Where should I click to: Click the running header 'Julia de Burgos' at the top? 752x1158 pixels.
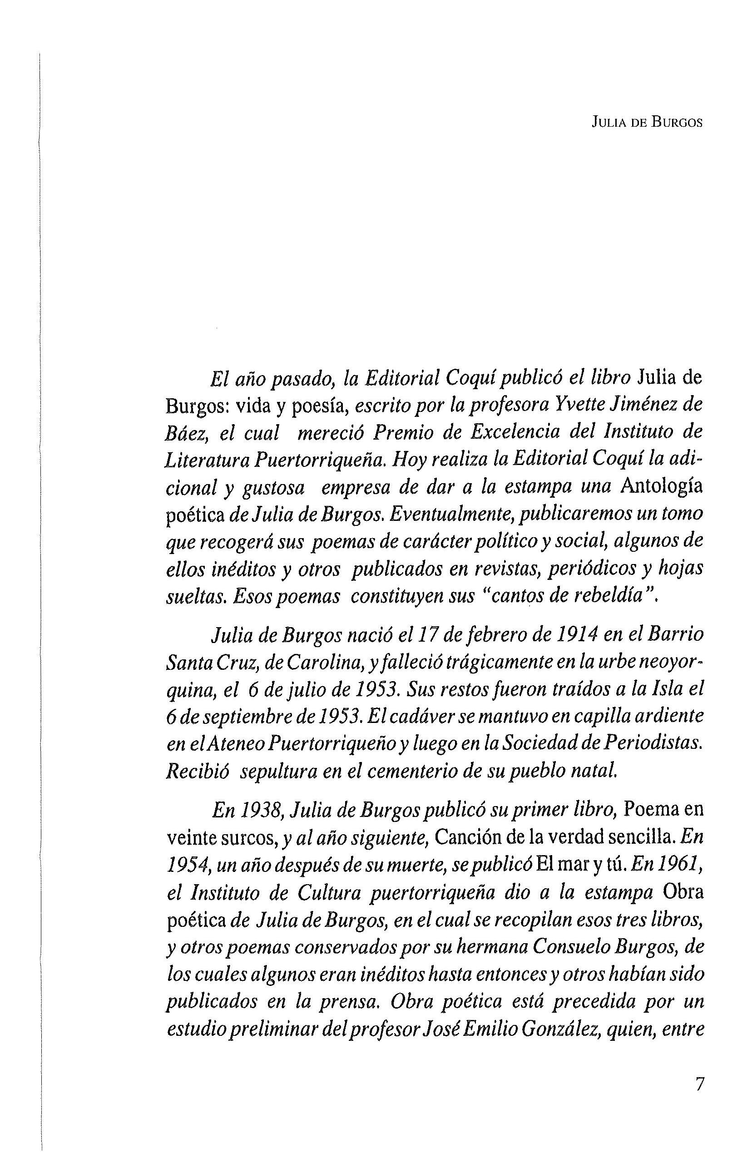click(647, 123)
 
